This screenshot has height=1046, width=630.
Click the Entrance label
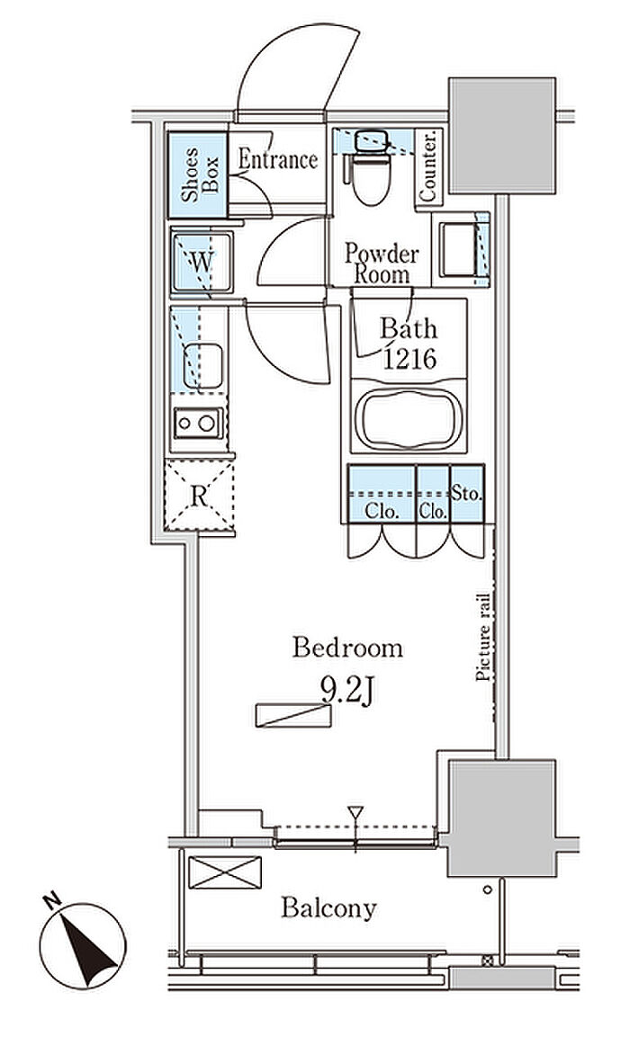[x=277, y=159]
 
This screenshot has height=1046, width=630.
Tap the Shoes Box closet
[x=198, y=174]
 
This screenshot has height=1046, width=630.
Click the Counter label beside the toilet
[x=427, y=166]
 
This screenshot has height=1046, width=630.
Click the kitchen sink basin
[x=202, y=365]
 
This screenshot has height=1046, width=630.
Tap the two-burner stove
[x=198, y=423]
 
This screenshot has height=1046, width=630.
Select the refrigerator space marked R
[x=199, y=496]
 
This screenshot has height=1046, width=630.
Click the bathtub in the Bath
[x=409, y=418]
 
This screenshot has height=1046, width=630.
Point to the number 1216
[x=409, y=359]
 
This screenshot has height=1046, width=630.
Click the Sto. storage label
[x=466, y=495]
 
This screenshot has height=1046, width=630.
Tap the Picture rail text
[x=483, y=638]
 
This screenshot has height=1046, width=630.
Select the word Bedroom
[x=347, y=648]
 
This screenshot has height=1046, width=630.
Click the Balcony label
[x=328, y=907]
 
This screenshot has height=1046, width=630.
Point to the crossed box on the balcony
[x=225, y=872]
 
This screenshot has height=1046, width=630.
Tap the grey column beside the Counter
[x=502, y=136]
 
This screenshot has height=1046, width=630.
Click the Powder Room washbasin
[x=458, y=249]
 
